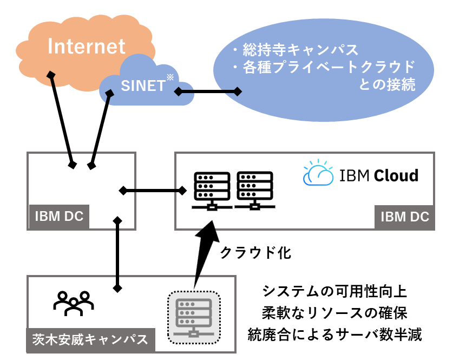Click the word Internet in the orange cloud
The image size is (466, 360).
coord(87,46)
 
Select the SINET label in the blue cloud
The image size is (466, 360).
coord(142,85)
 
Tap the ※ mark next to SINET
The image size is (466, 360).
coord(169,77)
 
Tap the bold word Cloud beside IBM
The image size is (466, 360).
coord(397,176)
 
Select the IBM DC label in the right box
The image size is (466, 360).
coord(404,217)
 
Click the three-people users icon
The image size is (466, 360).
coord(74,303)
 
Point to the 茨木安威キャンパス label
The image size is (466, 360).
coord(90,340)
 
